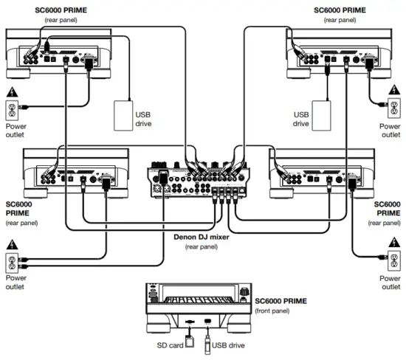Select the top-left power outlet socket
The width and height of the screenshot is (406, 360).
point(12,111)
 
